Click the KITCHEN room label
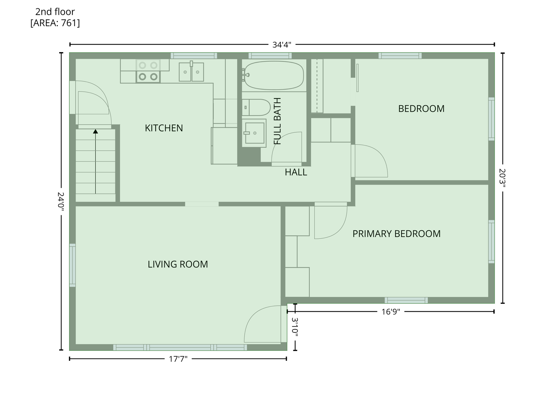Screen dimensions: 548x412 click(x=164, y=128)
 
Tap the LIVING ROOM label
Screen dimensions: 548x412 click(x=178, y=264)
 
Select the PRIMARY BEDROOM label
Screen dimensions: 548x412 click(x=397, y=234)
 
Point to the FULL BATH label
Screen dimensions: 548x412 click(x=277, y=121)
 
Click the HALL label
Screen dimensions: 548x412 click(x=296, y=172)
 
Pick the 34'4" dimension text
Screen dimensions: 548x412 click(x=282, y=45)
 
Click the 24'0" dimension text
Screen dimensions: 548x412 click(x=61, y=201)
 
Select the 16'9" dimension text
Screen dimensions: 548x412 click(x=391, y=312)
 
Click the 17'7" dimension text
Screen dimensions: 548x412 click(x=178, y=359)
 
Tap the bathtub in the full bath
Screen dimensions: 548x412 click(x=274, y=75)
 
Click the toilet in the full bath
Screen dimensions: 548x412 click(x=256, y=107)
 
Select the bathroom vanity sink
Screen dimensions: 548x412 click(x=254, y=133)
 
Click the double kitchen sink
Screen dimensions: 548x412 click(x=191, y=72)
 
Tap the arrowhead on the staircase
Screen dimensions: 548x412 click(x=96, y=131)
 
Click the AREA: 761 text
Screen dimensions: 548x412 click(x=55, y=23)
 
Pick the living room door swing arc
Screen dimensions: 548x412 click(x=253, y=315)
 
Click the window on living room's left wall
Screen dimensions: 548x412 click(x=72, y=265)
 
